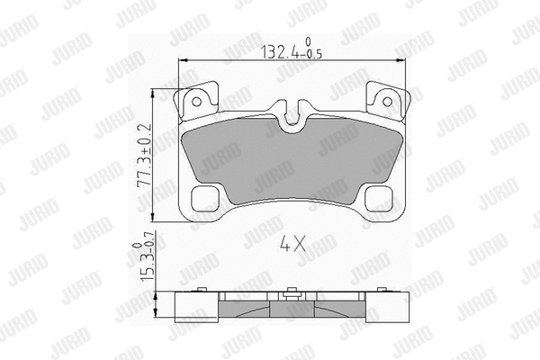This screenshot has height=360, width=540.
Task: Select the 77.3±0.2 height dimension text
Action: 145,156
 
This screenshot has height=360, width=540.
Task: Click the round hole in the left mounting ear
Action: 196,102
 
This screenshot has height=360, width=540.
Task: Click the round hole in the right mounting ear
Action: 387,102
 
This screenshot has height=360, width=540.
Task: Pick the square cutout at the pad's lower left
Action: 205,199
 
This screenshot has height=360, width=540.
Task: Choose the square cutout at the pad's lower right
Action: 379,199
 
